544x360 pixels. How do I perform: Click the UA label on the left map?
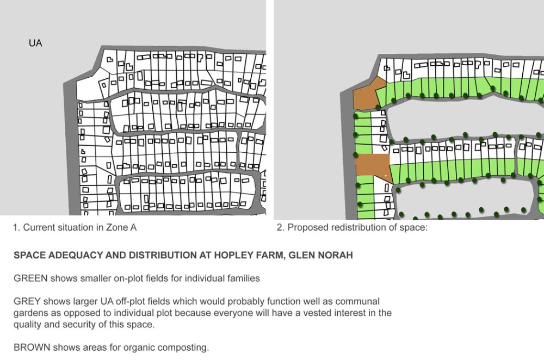click(x=35, y=44)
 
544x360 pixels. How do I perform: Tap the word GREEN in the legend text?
click(x=30, y=278)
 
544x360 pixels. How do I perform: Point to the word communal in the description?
click(x=358, y=301)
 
